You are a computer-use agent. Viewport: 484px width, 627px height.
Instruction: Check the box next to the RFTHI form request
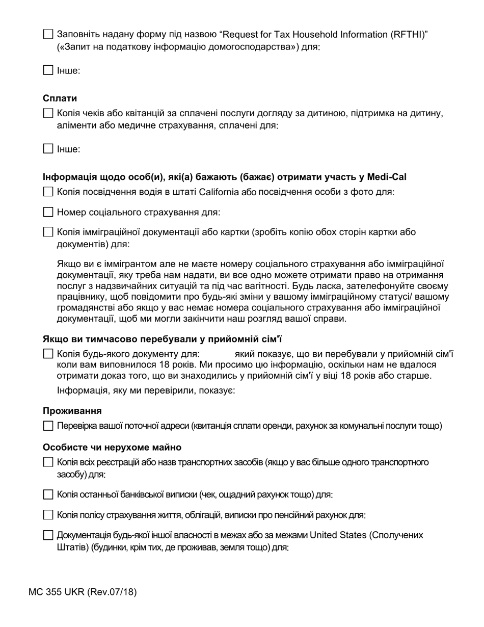[x=48, y=35]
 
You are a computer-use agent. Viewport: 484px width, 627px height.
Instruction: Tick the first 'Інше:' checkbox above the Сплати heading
[x=48, y=70]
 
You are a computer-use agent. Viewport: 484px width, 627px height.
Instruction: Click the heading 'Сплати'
[x=60, y=98]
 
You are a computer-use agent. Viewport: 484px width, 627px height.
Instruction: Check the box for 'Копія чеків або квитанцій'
[x=48, y=113]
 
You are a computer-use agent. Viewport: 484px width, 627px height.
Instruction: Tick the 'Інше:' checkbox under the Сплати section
[x=48, y=149]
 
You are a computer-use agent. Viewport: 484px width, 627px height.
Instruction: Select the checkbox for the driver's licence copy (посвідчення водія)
[x=48, y=192]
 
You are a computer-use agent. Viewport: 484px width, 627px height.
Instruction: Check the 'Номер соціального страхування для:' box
[x=48, y=212]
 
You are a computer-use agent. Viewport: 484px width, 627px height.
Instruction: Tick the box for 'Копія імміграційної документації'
[x=48, y=232]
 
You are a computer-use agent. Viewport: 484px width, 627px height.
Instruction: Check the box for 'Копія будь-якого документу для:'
[x=48, y=354]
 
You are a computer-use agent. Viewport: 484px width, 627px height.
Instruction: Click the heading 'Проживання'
[x=72, y=410]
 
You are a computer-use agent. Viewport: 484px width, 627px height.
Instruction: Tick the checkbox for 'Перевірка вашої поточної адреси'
[x=48, y=426]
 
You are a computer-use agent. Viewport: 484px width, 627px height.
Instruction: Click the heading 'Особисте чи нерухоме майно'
[x=112, y=447]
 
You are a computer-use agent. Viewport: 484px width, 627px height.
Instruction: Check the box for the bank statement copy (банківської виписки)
[x=48, y=494]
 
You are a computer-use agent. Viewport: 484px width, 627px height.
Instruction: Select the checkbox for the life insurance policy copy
[x=48, y=515]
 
